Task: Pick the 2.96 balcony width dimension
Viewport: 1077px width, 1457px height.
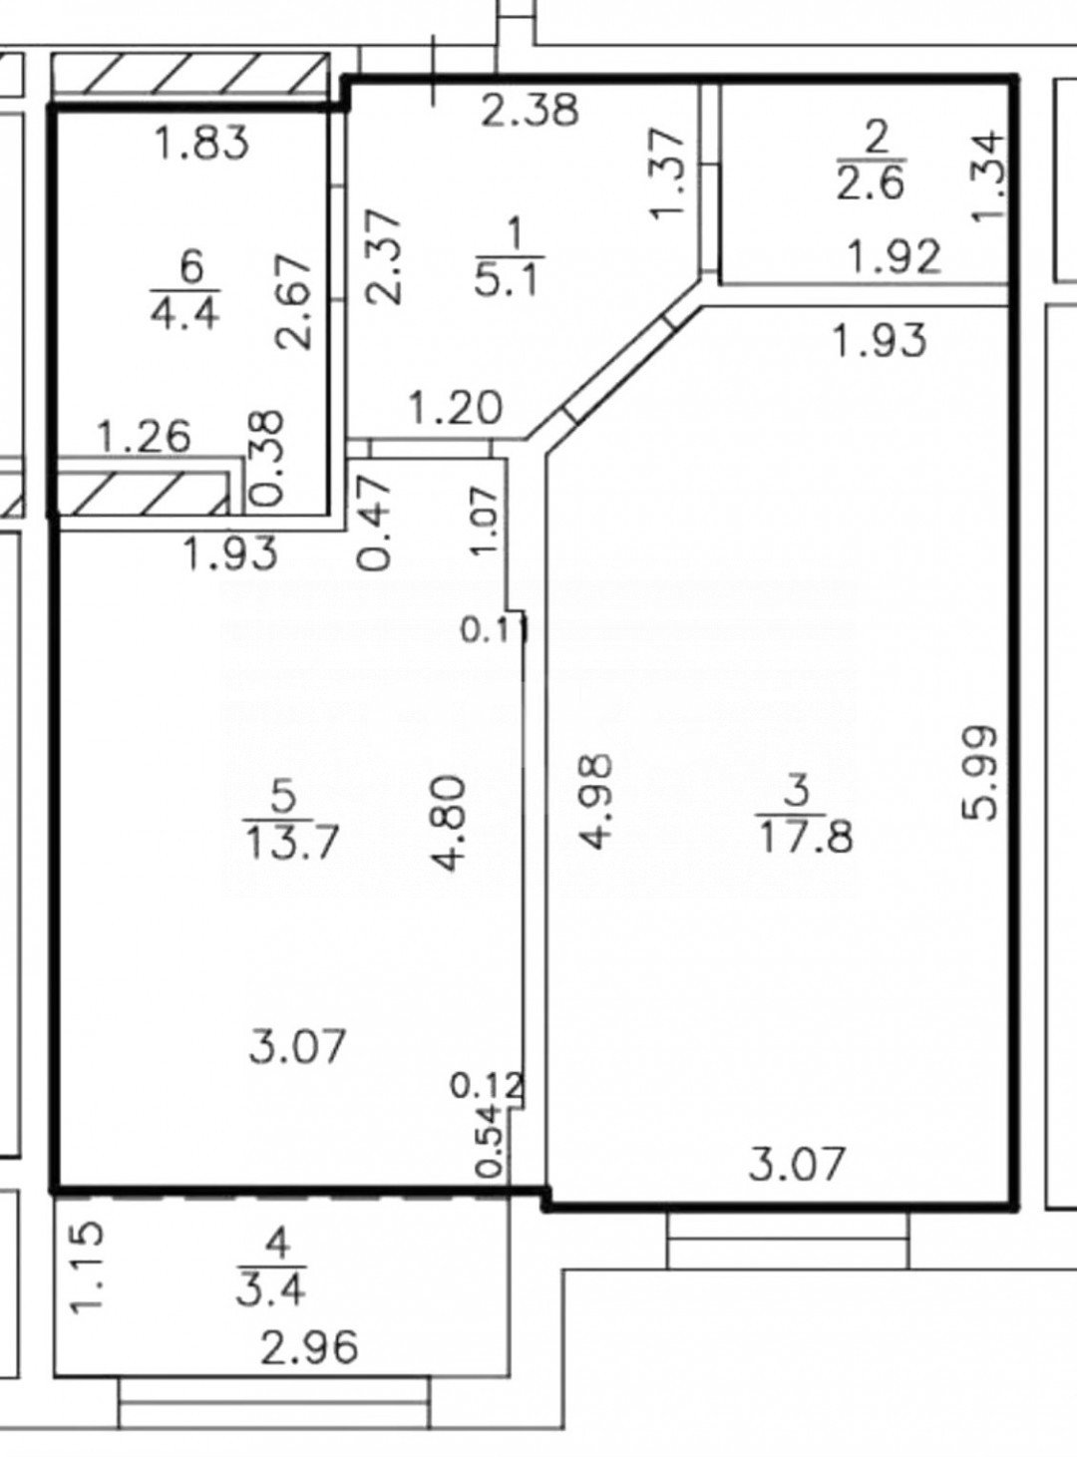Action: pos(308,1349)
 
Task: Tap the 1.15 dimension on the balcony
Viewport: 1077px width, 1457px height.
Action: pos(89,1267)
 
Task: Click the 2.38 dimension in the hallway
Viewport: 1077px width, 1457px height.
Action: pos(529,109)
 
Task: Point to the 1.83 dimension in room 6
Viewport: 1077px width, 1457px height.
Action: pos(202,145)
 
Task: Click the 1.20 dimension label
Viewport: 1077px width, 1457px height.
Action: pos(455,408)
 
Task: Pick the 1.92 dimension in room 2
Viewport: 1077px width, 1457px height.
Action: pos(893,258)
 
